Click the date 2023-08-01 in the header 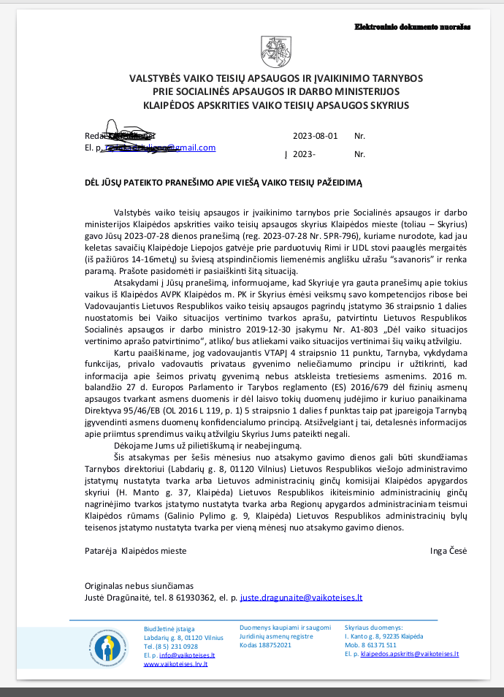[x=315, y=136]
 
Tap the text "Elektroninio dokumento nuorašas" [x=413, y=26]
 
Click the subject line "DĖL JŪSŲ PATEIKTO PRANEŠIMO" [x=224, y=182]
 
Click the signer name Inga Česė [x=448, y=550]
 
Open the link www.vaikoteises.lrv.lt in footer [x=175, y=663]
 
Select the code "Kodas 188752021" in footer [x=266, y=645]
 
